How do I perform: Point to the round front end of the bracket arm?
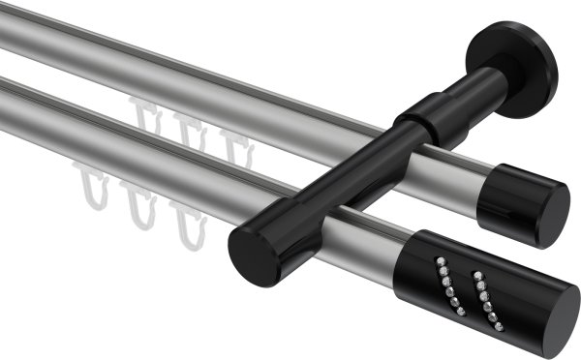pos(246,253)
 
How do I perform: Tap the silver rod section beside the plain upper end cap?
pos(455,180)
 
